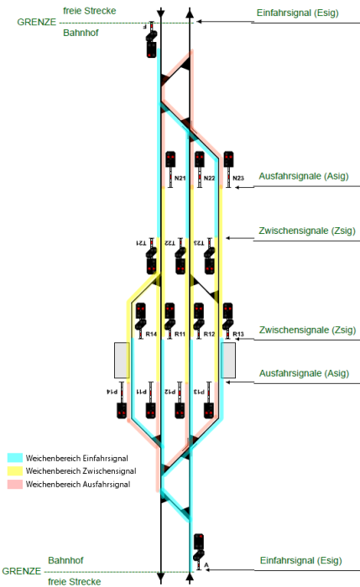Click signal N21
170,158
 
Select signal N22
199,158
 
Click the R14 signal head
141,312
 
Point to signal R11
170,312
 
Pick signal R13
227,312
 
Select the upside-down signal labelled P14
121,409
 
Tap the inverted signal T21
151,263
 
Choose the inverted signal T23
208,263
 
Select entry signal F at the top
151,47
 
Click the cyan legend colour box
14,458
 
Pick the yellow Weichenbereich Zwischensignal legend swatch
14,471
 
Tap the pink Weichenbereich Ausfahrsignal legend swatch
14,485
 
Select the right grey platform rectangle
228,360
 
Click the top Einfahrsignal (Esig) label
297,14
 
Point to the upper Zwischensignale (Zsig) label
309,231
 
